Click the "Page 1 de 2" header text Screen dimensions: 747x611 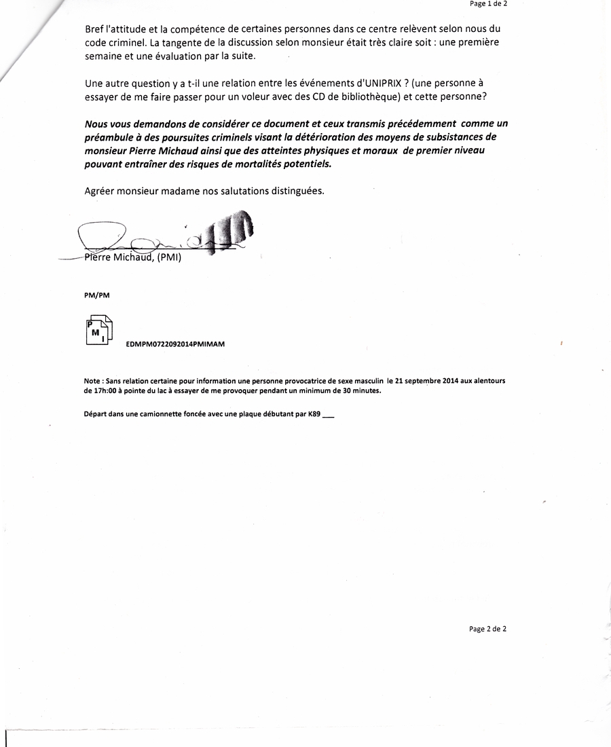[487, 3]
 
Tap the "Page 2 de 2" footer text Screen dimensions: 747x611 [487, 629]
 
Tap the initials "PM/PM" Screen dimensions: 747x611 [96, 295]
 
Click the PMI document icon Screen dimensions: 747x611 [99, 331]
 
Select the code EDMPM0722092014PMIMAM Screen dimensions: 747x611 [175, 344]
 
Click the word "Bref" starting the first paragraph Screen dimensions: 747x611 [95, 29]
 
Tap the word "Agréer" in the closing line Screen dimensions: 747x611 [99, 191]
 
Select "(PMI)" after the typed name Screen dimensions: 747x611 [169, 258]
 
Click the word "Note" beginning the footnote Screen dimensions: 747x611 [92, 381]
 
